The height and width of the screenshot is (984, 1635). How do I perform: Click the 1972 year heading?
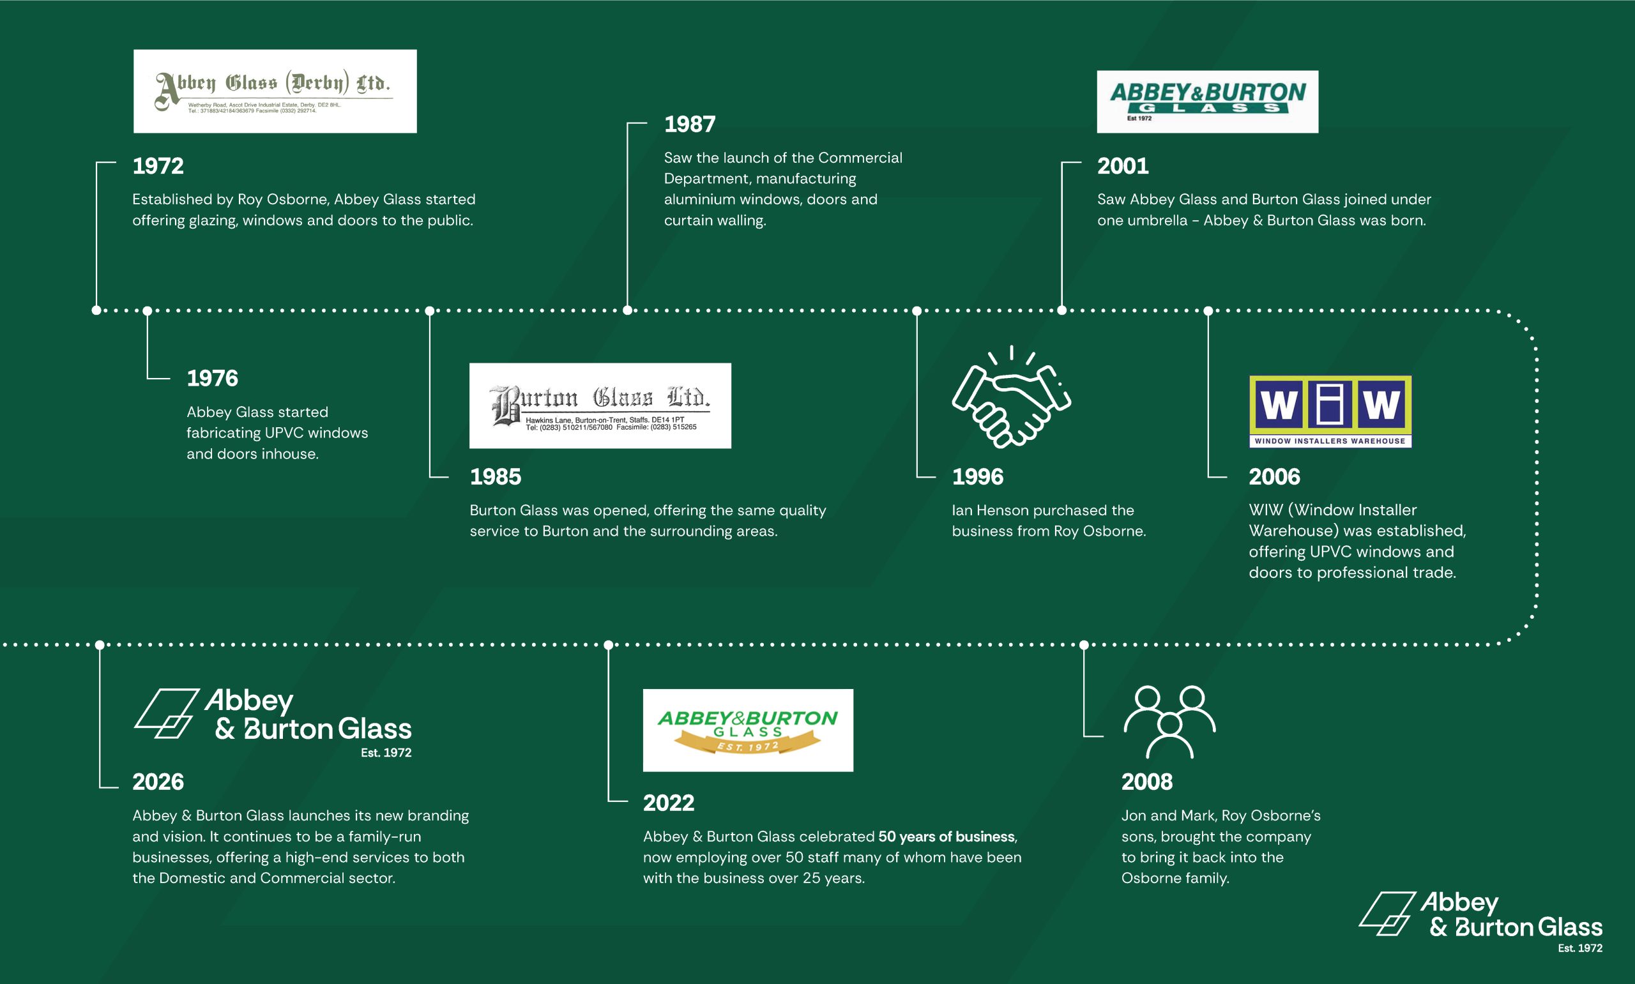158,166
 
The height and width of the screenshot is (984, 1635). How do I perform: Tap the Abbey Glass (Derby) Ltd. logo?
275,91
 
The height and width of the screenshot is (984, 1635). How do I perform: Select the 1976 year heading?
212,378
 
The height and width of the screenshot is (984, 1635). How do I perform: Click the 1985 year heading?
495,477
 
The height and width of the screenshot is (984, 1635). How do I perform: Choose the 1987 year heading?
690,124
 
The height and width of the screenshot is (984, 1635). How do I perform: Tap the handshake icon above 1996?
1011,398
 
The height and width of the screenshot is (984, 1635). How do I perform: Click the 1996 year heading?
977,477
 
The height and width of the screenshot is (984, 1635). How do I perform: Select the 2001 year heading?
1123,166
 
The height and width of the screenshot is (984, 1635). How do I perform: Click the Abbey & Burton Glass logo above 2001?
1207,102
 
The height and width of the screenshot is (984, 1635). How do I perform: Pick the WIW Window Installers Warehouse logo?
1330,411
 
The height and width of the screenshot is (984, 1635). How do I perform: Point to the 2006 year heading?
1274,477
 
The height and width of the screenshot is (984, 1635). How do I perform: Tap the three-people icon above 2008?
1169,722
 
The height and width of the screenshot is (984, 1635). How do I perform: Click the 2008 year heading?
1146,782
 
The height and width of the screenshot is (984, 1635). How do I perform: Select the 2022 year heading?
668,803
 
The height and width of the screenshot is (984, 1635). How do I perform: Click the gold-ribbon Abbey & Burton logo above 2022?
748,730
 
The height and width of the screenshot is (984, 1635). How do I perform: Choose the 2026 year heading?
158,782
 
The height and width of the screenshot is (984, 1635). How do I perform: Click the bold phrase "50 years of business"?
946,836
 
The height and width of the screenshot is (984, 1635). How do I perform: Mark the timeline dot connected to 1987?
627,310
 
